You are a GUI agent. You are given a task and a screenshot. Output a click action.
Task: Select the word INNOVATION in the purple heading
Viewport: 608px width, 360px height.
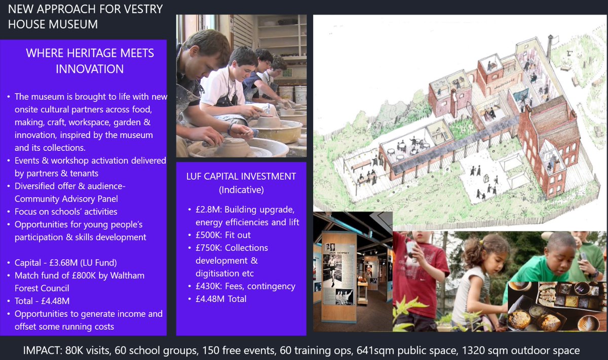[x=90, y=69]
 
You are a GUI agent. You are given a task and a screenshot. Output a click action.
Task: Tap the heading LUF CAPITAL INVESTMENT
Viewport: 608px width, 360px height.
[x=241, y=177]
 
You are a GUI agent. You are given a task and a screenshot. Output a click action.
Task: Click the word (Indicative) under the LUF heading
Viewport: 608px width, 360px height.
[x=241, y=190]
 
